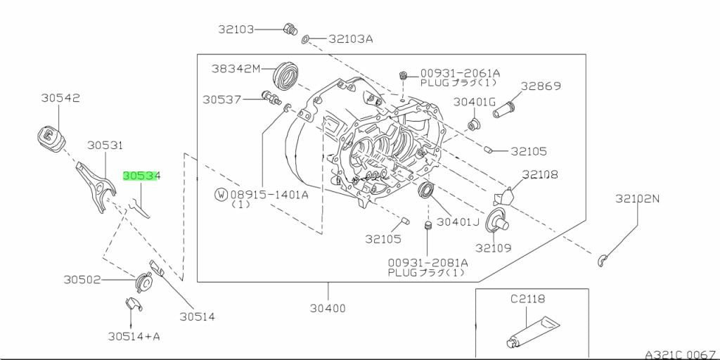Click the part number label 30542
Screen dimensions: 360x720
[x=60, y=98]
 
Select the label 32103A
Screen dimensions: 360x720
[x=350, y=39]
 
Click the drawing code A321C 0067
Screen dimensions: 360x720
[x=680, y=354]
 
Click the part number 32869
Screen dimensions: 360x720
[x=541, y=86]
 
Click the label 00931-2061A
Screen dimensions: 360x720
[x=460, y=72]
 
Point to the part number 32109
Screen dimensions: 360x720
[x=493, y=248]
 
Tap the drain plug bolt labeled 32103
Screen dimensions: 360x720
[x=288, y=29]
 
